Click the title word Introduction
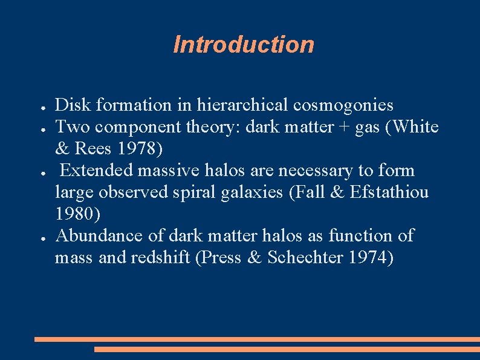pyautogui.click(x=243, y=45)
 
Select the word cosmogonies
pyautogui.click(x=343, y=105)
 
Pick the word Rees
pyautogui.click(x=92, y=149)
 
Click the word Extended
pyautogui.click(x=97, y=171)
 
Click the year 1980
pyautogui.click(x=77, y=214)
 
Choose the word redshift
pyautogui.click(x=160, y=258)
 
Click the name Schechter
pyautogui.click(x=306, y=258)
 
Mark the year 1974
pyautogui.click(x=370, y=258)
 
